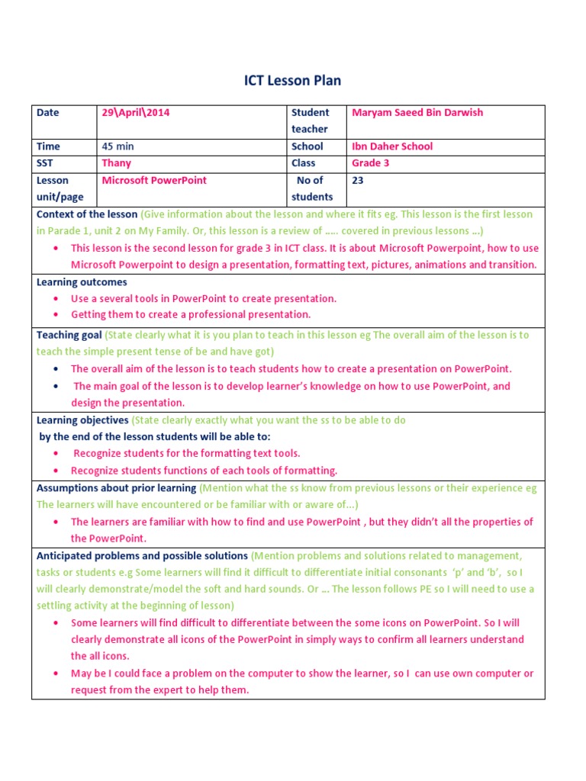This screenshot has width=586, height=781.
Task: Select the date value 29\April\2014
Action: pos(136,113)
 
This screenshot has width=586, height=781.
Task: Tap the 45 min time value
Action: pos(118,146)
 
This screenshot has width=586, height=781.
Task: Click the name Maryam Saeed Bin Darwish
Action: pos(417,113)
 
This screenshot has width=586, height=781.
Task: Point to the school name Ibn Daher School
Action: pos(391,146)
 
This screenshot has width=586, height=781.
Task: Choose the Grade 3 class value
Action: pos(370,163)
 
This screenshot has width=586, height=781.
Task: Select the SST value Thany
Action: pos(116,163)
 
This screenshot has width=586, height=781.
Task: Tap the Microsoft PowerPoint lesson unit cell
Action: pos(153,181)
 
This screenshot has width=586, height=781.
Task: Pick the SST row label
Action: pos(46,163)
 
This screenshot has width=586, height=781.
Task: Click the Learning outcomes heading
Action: pos(82,282)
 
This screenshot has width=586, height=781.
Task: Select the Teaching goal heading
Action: pos(69,335)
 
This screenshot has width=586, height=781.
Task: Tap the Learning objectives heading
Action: pos(82,420)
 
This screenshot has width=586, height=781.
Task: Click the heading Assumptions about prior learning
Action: pos(116,488)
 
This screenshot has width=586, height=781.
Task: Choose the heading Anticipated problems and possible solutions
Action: pos(142,556)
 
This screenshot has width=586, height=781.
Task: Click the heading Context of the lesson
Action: pos(87,214)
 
